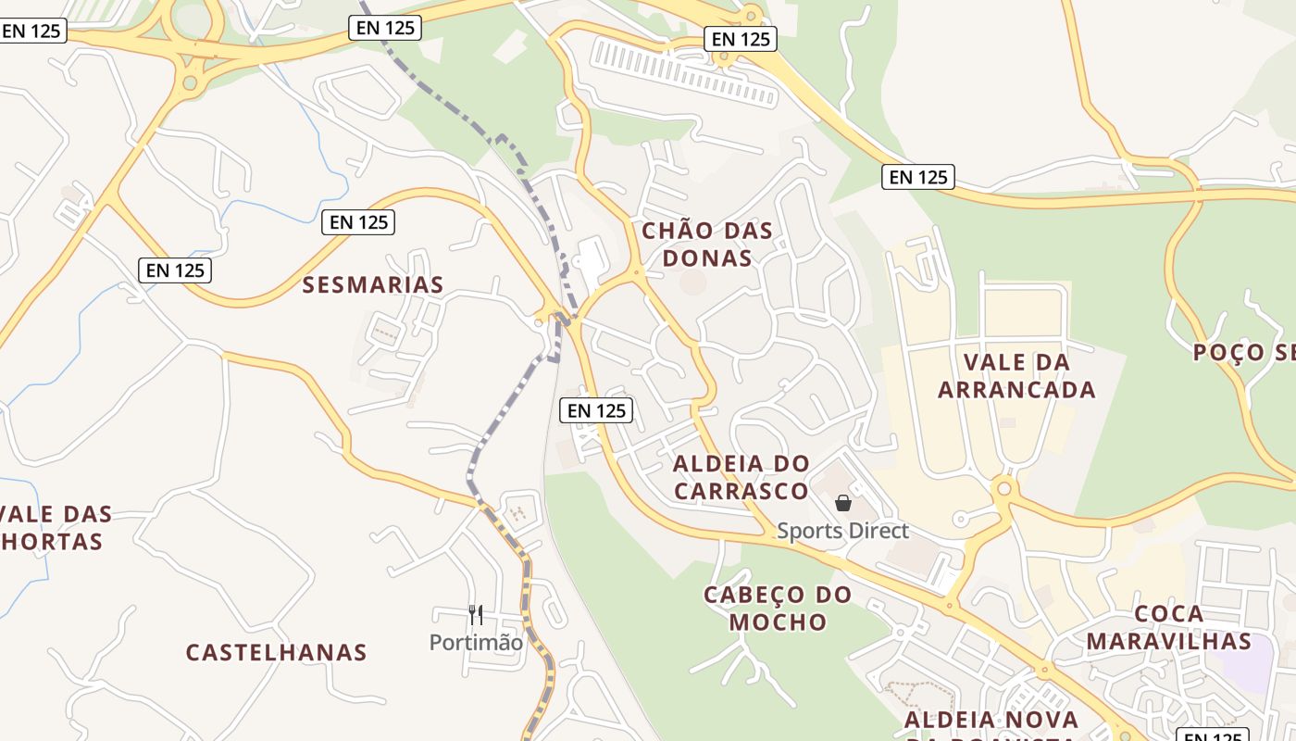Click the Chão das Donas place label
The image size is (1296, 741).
tap(707, 244)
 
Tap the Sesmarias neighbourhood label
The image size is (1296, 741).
tap(373, 285)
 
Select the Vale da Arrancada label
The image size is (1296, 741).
tap(1016, 375)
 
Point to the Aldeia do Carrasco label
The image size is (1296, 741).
tap(741, 477)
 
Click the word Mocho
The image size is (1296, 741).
tap(778, 622)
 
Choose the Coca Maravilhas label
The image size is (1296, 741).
tap(1168, 627)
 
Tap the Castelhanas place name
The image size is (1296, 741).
tap(276, 652)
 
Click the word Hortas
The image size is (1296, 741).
tap(52, 542)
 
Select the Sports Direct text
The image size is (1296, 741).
tap(842, 531)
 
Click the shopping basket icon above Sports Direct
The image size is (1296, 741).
tap(843, 503)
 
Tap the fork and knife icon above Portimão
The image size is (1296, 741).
tap(476, 614)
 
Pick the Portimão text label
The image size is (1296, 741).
tap(476, 642)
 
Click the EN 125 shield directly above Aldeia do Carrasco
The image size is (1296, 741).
tap(596, 410)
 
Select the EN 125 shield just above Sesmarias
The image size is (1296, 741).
tap(359, 222)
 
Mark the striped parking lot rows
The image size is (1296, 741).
tap(685, 70)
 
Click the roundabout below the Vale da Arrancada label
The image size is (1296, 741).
tap(1003, 488)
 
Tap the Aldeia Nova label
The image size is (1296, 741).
tap(991, 720)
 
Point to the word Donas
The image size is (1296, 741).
tap(707, 257)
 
